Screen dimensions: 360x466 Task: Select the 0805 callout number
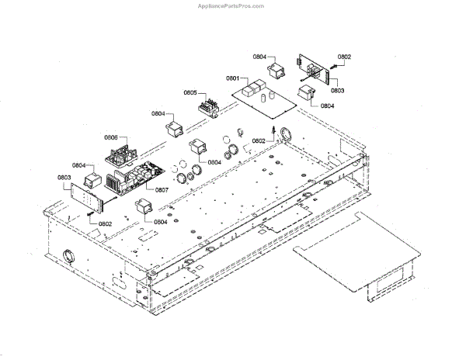tap(190, 93)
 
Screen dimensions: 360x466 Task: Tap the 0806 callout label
tap(110, 138)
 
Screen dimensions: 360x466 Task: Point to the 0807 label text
tap(162, 189)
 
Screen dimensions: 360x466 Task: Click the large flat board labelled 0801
tap(267, 98)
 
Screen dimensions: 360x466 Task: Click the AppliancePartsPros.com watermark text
tap(232, 5)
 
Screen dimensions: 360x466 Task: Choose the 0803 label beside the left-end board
tap(64, 177)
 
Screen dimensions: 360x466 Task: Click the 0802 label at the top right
tap(344, 57)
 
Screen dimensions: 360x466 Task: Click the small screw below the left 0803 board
tap(91, 213)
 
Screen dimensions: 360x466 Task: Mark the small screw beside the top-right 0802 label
tap(332, 70)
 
